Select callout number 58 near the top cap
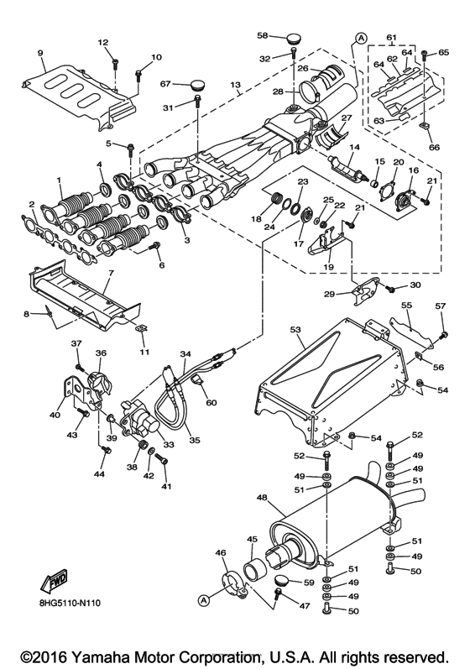[263, 35]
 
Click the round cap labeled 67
[196, 85]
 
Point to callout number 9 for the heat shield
[40, 53]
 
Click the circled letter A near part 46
[204, 600]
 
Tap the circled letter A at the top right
[361, 39]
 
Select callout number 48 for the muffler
[263, 498]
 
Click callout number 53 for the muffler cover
[295, 329]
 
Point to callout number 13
[236, 85]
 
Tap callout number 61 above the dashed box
[391, 38]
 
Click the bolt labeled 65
[425, 55]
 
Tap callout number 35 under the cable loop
[195, 440]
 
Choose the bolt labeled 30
[389, 289]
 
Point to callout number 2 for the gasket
[32, 204]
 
